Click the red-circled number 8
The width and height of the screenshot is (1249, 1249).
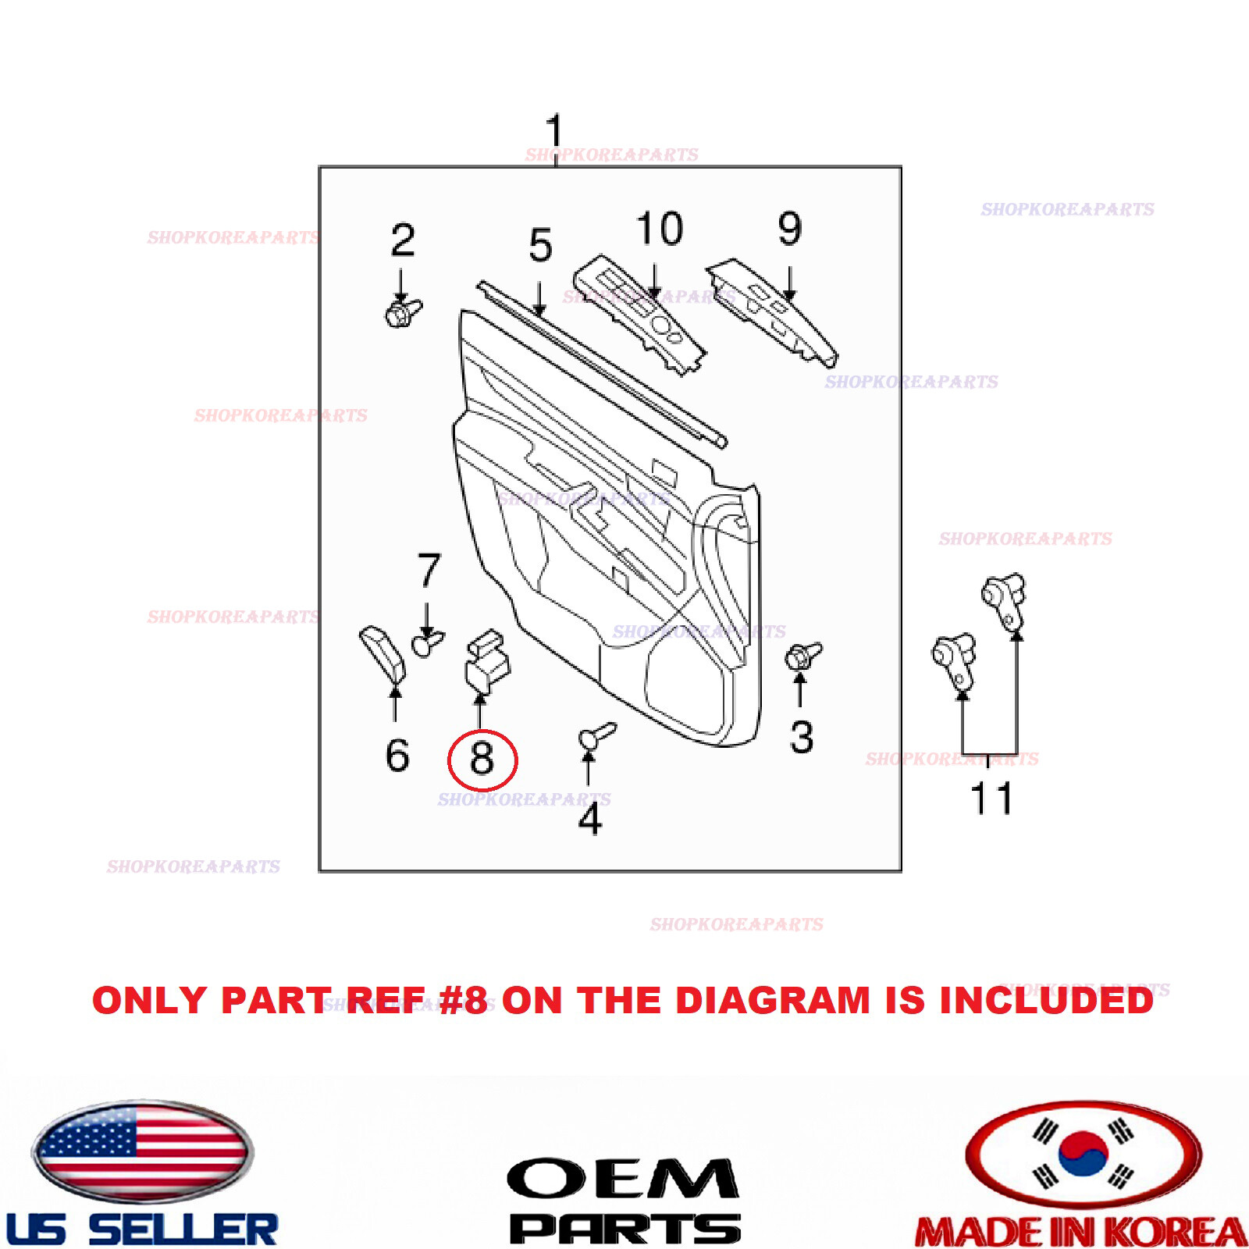[482, 759]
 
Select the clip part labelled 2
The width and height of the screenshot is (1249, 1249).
[402, 312]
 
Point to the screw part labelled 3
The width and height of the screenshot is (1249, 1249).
[802, 656]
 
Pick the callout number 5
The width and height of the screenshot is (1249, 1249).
[540, 245]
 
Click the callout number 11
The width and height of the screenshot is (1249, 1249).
[991, 799]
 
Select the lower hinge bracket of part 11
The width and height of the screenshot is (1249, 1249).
[955, 660]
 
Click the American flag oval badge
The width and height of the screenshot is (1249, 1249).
[142, 1152]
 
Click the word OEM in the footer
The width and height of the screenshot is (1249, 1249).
[622, 1179]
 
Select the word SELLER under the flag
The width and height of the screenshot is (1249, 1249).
[183, 1229]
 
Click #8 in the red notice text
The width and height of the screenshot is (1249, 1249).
[464, 1001]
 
